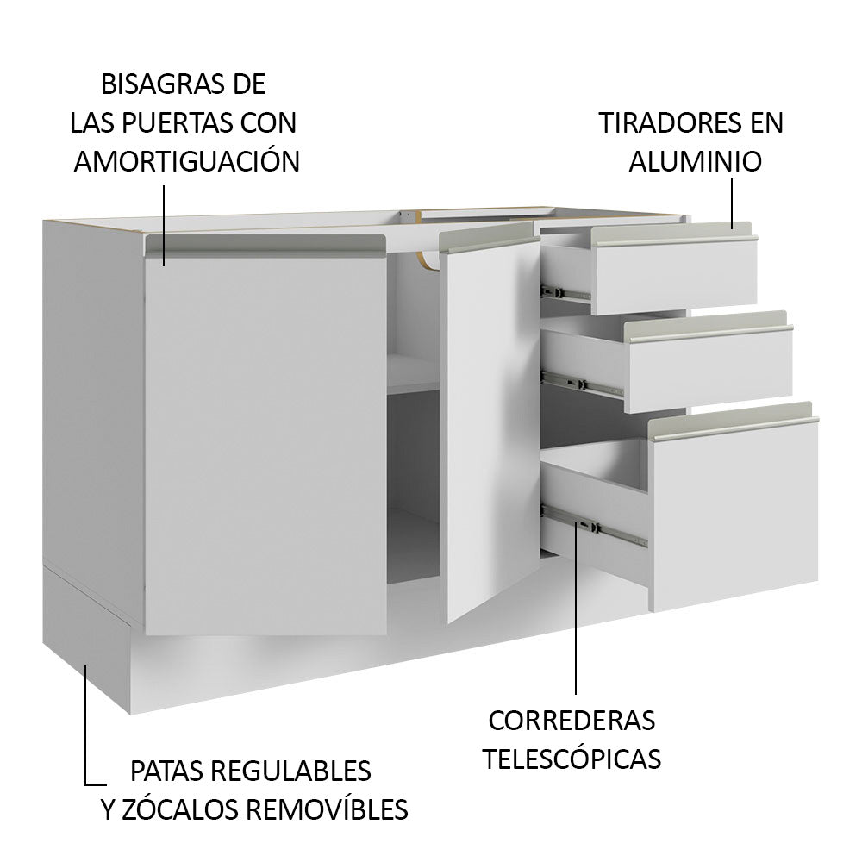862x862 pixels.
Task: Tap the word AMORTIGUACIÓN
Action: (186, 161)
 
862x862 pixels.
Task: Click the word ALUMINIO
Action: (695, 161)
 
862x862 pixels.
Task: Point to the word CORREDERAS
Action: (571, 719)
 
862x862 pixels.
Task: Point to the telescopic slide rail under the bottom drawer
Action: (595, 527)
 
